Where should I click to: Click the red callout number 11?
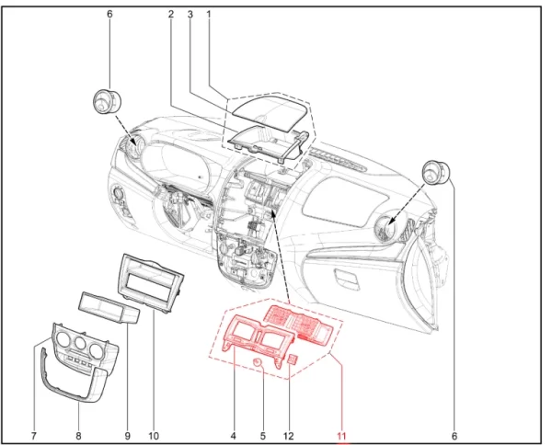click(x=341, y=436)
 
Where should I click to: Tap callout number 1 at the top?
click(x=209, y=15)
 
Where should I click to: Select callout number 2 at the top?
click(x=171, y=15)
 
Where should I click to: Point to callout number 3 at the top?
click(x=190, y=15)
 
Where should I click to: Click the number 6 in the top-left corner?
click(x=109, y=15)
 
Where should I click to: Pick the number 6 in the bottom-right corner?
click(x=454, y=436)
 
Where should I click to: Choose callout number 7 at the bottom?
click(x=33, y=436)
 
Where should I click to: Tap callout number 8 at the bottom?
click(x=78, y=436)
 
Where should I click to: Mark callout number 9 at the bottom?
click(x=128, y=436)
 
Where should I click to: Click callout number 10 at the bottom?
click(x=154, y=436)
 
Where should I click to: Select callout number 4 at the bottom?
click(x=233, y=436)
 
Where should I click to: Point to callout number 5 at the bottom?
click(x=262, y=436)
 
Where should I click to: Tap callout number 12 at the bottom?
click(x=288, y=436)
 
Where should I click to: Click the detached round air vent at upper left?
click(x=106, y=102)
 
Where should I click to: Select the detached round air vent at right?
click(x=436, y=172)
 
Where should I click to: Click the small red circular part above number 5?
click(x=259, y=362)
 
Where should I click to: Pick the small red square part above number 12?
click(x=293, y=359)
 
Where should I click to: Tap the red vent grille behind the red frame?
click(x=300, y=322)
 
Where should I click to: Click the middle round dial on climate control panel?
click(x=80, y=343)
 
